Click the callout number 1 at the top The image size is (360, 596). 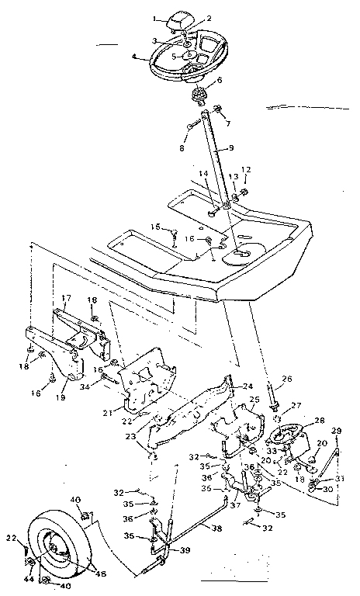pyautogui.click(x=155, y=16)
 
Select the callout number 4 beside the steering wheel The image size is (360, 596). pyautogui.click(x=136, y=55)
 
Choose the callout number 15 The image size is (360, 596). pyautogui.click(x=154, y=226)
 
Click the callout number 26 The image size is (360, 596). pyautogui.click(x=287, y=379)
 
